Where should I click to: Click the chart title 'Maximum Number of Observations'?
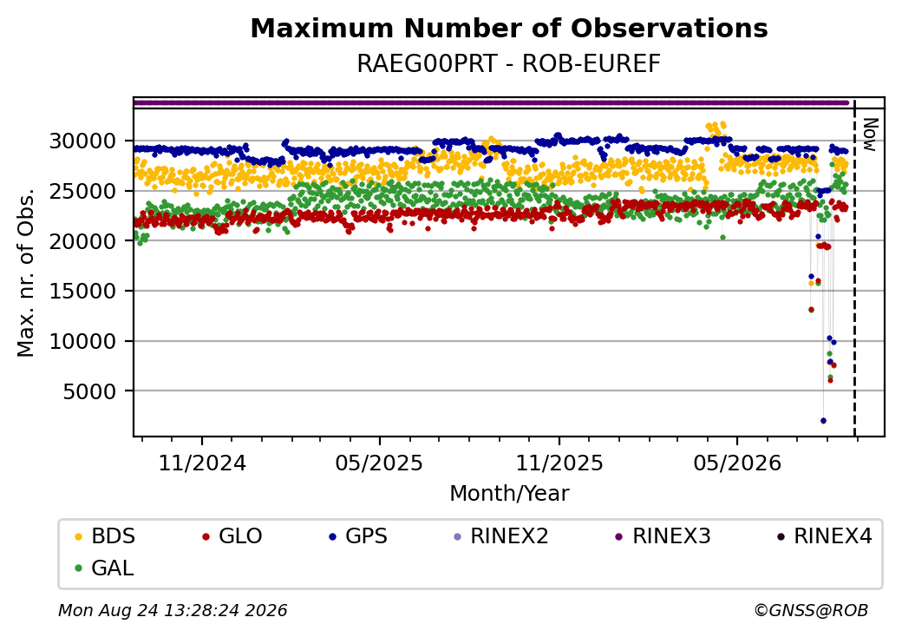[509, 28]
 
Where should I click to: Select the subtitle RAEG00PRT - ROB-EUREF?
[508, 64]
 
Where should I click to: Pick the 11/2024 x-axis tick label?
[202, 463]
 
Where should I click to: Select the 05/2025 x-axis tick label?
[379, 463]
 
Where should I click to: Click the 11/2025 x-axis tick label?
[559, 463]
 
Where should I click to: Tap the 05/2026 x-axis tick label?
[737, 463]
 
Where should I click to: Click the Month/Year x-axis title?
[509, 494]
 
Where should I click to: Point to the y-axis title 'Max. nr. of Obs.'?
[26, 273]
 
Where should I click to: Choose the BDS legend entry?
[105, 536]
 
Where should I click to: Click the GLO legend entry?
[232, 536]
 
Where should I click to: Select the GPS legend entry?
[358, 536]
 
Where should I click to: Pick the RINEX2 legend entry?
[501, 536]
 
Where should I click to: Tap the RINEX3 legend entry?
[663, 536]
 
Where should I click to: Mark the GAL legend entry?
[105, 568]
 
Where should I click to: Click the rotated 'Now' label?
[871, 135]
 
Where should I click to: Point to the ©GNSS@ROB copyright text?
[811, 610]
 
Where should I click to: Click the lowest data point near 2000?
[823, 421]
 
